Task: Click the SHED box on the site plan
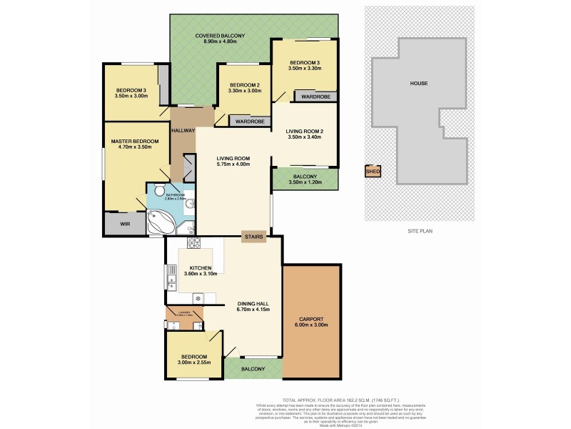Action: click(x=372, y=172)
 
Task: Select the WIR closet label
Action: click(x=125, y=225)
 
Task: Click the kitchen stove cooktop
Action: click(x=193, y=297)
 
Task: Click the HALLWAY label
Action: click(x=183, y=130)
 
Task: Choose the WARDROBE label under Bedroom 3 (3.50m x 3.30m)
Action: click(x=315, y=96)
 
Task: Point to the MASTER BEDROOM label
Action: click(x=134, y=142)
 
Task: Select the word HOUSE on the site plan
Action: click(x=418, y=83)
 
